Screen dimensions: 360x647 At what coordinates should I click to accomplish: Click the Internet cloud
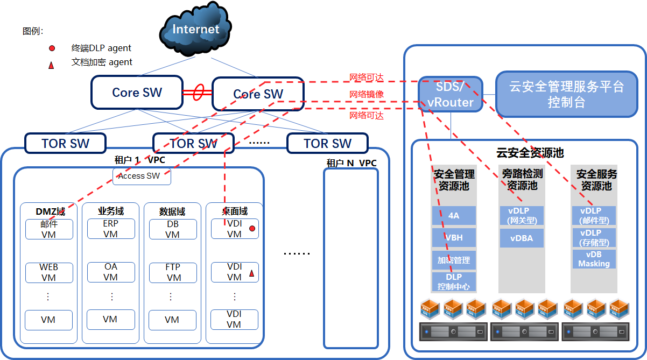click(195, 31)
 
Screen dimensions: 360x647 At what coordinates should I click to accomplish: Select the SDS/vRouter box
click(451, 94)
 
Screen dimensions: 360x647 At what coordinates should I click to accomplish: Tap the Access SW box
click(142, 176)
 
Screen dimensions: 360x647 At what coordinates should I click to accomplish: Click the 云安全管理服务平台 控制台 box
click(566, 94)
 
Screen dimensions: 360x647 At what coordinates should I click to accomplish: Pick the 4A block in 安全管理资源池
click(454, 215)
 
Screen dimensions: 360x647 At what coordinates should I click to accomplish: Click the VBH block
click(454, 238)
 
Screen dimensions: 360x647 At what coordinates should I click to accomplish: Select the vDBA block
click(522, 238)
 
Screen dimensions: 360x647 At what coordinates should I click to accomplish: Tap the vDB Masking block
click(594, 259)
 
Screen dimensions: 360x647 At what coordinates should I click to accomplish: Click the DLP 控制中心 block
click(454, 281)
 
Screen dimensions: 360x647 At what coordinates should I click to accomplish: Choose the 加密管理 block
click(454, 260)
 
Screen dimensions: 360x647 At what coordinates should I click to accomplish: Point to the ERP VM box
click(110, 229)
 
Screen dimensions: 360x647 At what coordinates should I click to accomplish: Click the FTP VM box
click(172, 272)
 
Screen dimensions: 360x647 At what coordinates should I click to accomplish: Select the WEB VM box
click(49, 272)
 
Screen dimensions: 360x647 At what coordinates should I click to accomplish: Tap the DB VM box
click(172, 229)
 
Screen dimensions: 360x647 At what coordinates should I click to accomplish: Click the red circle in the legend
click(52, 48)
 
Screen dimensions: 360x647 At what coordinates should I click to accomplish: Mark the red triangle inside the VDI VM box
click(251, 273)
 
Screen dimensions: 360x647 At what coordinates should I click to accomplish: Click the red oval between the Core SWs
click(198, 92)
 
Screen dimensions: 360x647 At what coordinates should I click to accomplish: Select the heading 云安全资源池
click(530, 153)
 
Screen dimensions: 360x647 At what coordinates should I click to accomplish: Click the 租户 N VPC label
click(351, 163)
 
